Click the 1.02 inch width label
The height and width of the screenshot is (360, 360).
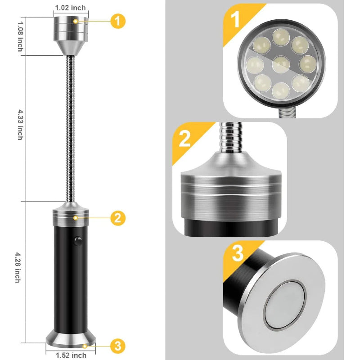pyautogui.click(x=70, y=8)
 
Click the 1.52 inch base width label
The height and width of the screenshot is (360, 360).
pyautogui.click(x=71, y=355)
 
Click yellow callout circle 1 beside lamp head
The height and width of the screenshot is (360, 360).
pyautogui.click(x=118, y=21)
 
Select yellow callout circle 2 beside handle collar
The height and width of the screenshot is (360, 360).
pyautogui.click(x=118, y=218)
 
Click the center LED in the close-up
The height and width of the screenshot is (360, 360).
pyautogui.click(x=281, y=63)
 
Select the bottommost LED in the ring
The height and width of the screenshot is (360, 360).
pyautogui.click(x=281, y=90)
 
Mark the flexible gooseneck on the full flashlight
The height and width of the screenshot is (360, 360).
pyautogui.click(x=70, y=128)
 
